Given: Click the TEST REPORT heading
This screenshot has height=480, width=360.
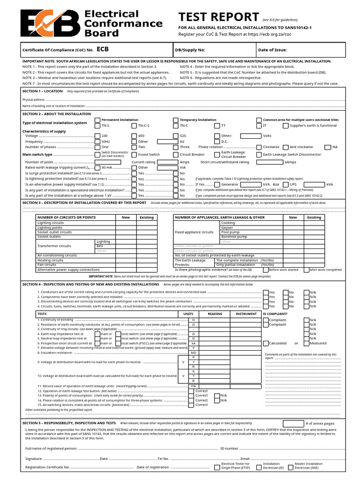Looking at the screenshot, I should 218,17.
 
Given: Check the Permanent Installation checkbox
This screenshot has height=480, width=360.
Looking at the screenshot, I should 97,120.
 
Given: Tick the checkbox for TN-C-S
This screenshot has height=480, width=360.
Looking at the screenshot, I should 134,126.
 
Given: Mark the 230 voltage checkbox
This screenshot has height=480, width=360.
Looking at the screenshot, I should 97,136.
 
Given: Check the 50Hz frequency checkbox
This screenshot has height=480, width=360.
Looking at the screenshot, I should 97,142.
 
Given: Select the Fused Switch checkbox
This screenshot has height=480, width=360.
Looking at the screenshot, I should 134,154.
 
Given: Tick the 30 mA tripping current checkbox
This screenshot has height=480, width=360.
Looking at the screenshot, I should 97,167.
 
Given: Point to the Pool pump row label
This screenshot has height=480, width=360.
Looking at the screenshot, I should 231,232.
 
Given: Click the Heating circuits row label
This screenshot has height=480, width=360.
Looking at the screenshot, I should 51,260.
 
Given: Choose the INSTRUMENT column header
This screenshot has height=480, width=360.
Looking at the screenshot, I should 246,314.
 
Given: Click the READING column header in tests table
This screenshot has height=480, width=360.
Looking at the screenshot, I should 215,314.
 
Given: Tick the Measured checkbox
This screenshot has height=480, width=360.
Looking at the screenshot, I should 306,343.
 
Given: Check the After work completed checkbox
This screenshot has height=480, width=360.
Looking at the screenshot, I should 307,270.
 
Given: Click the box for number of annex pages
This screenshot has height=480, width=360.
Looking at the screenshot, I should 293,423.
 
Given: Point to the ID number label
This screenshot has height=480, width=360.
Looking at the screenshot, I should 230,449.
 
